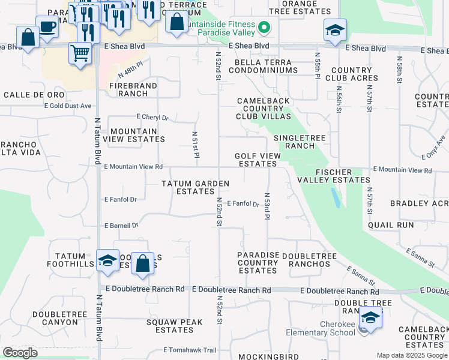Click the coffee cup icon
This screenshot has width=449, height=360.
(47, 27)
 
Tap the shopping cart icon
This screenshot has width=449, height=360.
(80, 53)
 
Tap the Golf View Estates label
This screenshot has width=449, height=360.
(258, 160)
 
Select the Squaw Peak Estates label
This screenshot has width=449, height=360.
(170, 326)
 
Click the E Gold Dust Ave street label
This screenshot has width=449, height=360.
(68, 106)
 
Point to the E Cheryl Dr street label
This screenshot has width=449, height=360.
(152, 118)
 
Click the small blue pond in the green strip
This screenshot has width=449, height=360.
(336, 197)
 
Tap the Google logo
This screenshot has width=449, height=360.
(20, 353)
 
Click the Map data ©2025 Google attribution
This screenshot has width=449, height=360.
(411, 355)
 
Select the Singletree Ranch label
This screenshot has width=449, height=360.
(299, 142)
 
